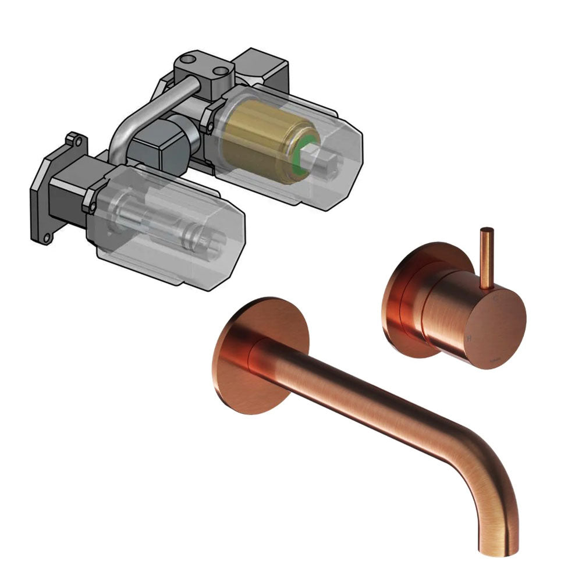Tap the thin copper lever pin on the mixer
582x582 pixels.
485,256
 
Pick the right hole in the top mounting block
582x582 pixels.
220,73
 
